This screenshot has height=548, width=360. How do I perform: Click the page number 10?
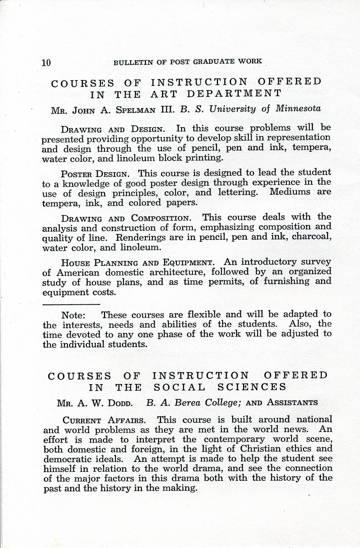click(x=46, y=63)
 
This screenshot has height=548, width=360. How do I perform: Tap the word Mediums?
click(x=290, y=191)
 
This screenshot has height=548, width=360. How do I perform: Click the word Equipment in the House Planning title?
click(x=188, y=263)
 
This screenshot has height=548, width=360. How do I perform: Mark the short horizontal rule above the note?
click(x=71, y=304)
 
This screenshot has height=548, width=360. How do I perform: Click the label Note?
click(x=74, y=316)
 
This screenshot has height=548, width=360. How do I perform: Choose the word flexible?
click(x=204, y=314)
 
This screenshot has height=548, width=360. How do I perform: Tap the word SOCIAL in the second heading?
click(x=179, y=387)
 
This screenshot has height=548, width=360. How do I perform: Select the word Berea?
click(x=187, y=403)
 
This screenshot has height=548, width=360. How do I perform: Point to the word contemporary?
click(x=234, y=439)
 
